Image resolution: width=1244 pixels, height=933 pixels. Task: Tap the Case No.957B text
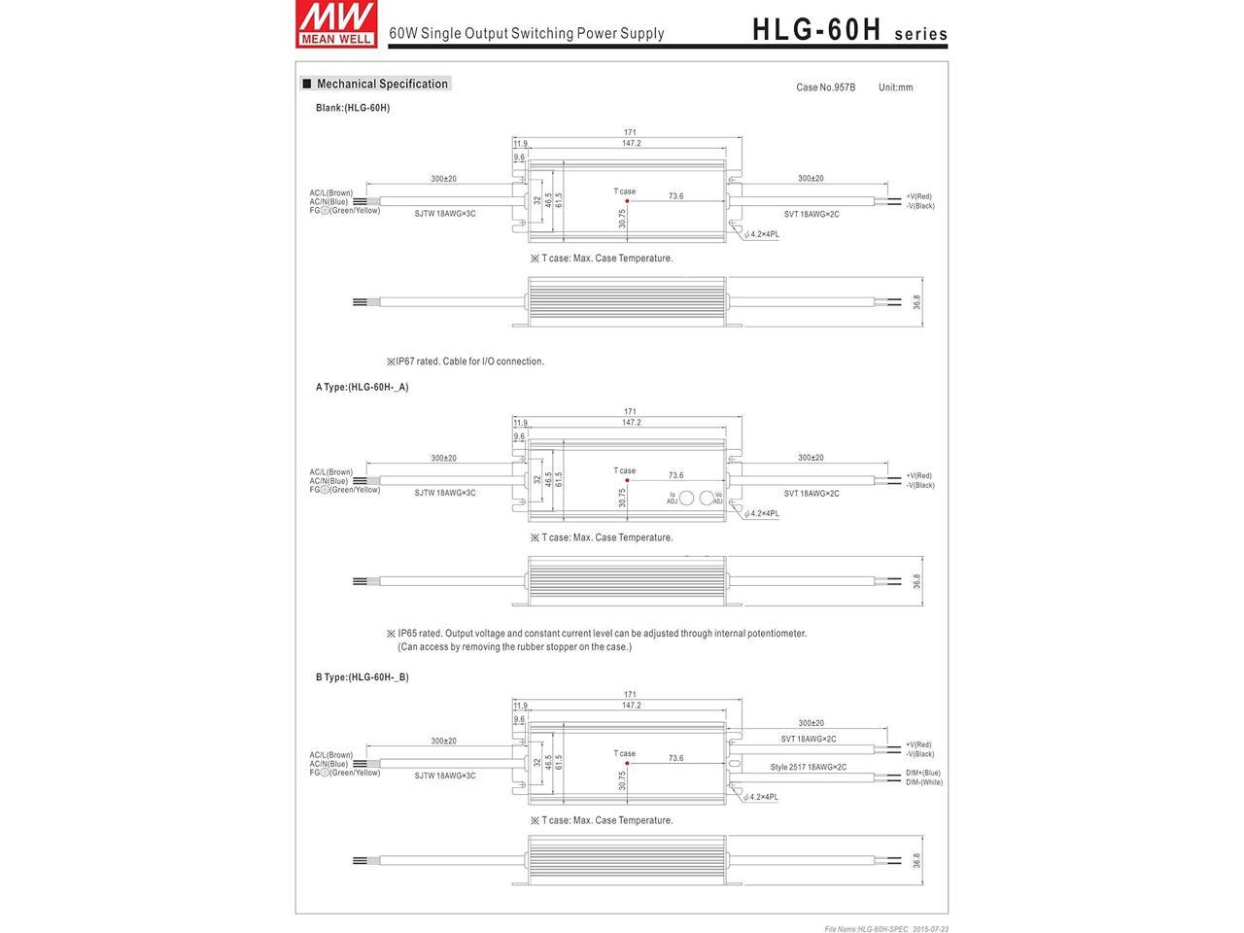(825, 87)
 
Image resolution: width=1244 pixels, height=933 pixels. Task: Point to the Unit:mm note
(895, 87)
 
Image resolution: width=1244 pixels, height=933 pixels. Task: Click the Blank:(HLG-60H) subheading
(353, 108)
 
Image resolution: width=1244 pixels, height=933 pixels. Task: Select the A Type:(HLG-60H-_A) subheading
(362, 387)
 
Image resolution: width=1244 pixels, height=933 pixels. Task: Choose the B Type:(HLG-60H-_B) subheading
(362, 676)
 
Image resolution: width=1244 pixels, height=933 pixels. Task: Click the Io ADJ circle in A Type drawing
(686, 498)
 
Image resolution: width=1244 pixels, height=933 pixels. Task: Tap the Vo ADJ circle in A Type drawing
(707, 498)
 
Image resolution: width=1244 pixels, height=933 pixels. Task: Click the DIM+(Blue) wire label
(923, 773)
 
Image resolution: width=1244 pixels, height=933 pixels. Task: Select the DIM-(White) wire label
(923, 782)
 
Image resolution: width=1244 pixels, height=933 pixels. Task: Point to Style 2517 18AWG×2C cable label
(809, 767)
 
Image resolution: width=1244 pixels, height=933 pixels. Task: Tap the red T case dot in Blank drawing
(627, 201)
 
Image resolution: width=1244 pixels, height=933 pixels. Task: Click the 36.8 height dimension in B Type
(916, 861)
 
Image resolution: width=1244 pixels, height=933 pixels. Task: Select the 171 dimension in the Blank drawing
(630, 132)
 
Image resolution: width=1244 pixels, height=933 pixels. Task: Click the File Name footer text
(885, 929)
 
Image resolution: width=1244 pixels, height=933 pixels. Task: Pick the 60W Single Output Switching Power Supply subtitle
(526, 33)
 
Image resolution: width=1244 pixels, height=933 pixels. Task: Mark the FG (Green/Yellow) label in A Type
(345, 490)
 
